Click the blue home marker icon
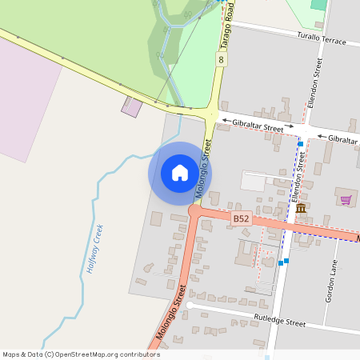click(x=180, y=173)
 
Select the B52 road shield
click(x=242, y=218)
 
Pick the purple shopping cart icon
click(x=346, y=200)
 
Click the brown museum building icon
click(x=301, y=210)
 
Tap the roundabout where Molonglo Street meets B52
click(x=195, y=211)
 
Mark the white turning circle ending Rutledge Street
click(x=190, y=305)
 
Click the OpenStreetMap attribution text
click(x=82, y=354)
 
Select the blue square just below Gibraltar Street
click(x=300, y=144)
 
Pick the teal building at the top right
click(x=319, y=4)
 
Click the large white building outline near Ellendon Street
click(x=254, y=182)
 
